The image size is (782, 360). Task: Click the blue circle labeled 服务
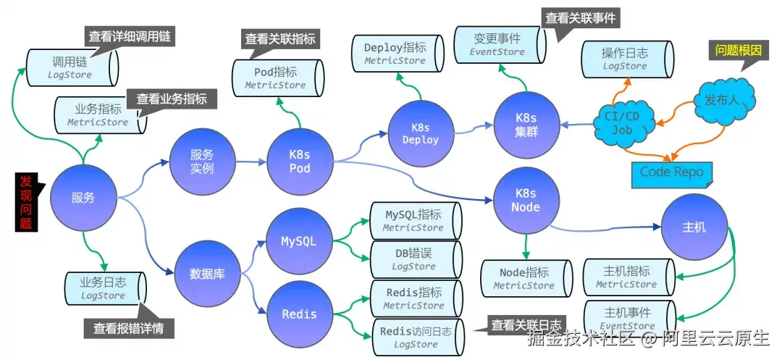[83, 198]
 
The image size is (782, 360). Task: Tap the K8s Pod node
[299, 161]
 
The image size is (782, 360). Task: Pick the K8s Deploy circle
[420, 133]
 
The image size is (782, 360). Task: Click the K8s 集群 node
[526, 124]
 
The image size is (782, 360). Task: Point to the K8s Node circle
[526, 200]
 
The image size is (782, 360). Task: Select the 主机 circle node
[694, 227]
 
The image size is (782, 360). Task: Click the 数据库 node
[206, 274]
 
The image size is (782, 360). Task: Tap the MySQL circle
[298, 241]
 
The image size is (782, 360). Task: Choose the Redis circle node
[298, 314]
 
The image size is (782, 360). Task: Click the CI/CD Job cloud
[623, 124]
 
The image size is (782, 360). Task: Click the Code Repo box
[671, 173]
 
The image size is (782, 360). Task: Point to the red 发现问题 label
[26, 202]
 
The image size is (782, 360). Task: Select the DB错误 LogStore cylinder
[414, 259]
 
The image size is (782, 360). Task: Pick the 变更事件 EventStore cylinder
[498, 44]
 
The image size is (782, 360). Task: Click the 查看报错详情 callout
[128, 327]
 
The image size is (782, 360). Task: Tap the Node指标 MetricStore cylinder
[524, 279]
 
